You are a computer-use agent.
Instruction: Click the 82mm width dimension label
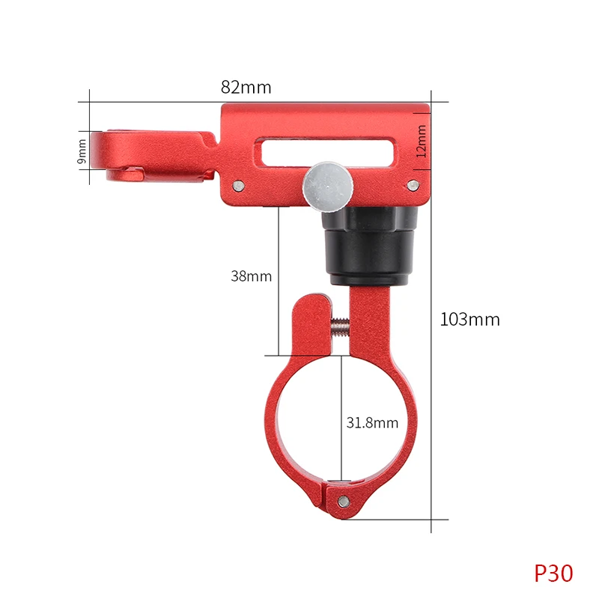pyautogui.click(x=246, y=87)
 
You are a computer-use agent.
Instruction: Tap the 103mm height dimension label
pyautogui.click(x=469, y=320)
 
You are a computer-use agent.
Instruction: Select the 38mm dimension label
pyautogui.click(x=251, y=276)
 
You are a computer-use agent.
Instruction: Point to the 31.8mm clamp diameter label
pyautogui.click(x=372, y=423)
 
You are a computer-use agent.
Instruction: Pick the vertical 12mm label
pyautogui.click(x=421, y=141)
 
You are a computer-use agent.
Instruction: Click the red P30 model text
pyautogui.click(x=553, y=573)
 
